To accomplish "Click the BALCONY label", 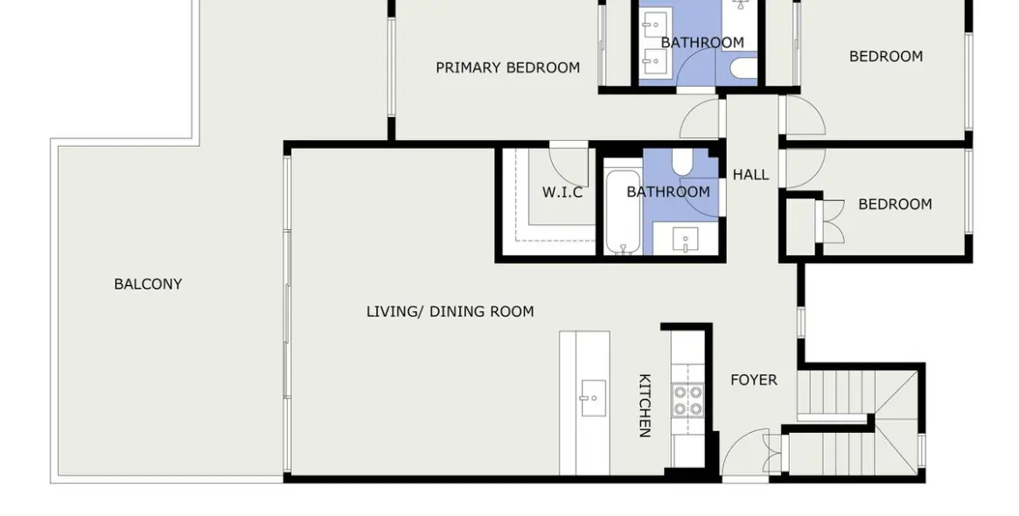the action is [x=148, y=284].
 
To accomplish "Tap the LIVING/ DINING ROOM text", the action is [x=450, y=312].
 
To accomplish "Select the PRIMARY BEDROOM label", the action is [x=507, y=67].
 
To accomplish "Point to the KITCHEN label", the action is [x=645, y=405].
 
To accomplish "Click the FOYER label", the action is [x=754, y=380].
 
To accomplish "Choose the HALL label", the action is [x=750, y=175].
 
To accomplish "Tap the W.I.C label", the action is [x=562, y=192].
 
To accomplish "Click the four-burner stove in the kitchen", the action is [x=687, y=400].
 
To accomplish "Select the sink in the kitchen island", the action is [x=593, y=399].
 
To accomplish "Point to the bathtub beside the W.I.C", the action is [x=624, y=212].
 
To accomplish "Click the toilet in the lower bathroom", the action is [x=681, y=163].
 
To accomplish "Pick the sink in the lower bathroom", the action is [x=686, y=240].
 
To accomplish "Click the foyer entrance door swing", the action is [x=745, y=455].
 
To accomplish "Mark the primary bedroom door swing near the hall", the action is [x=701, y=118].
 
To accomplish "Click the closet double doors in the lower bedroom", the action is [x=833, y=221].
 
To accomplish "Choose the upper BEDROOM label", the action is [x=886, y=57].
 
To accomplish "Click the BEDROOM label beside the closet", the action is [x=895, y=205].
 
